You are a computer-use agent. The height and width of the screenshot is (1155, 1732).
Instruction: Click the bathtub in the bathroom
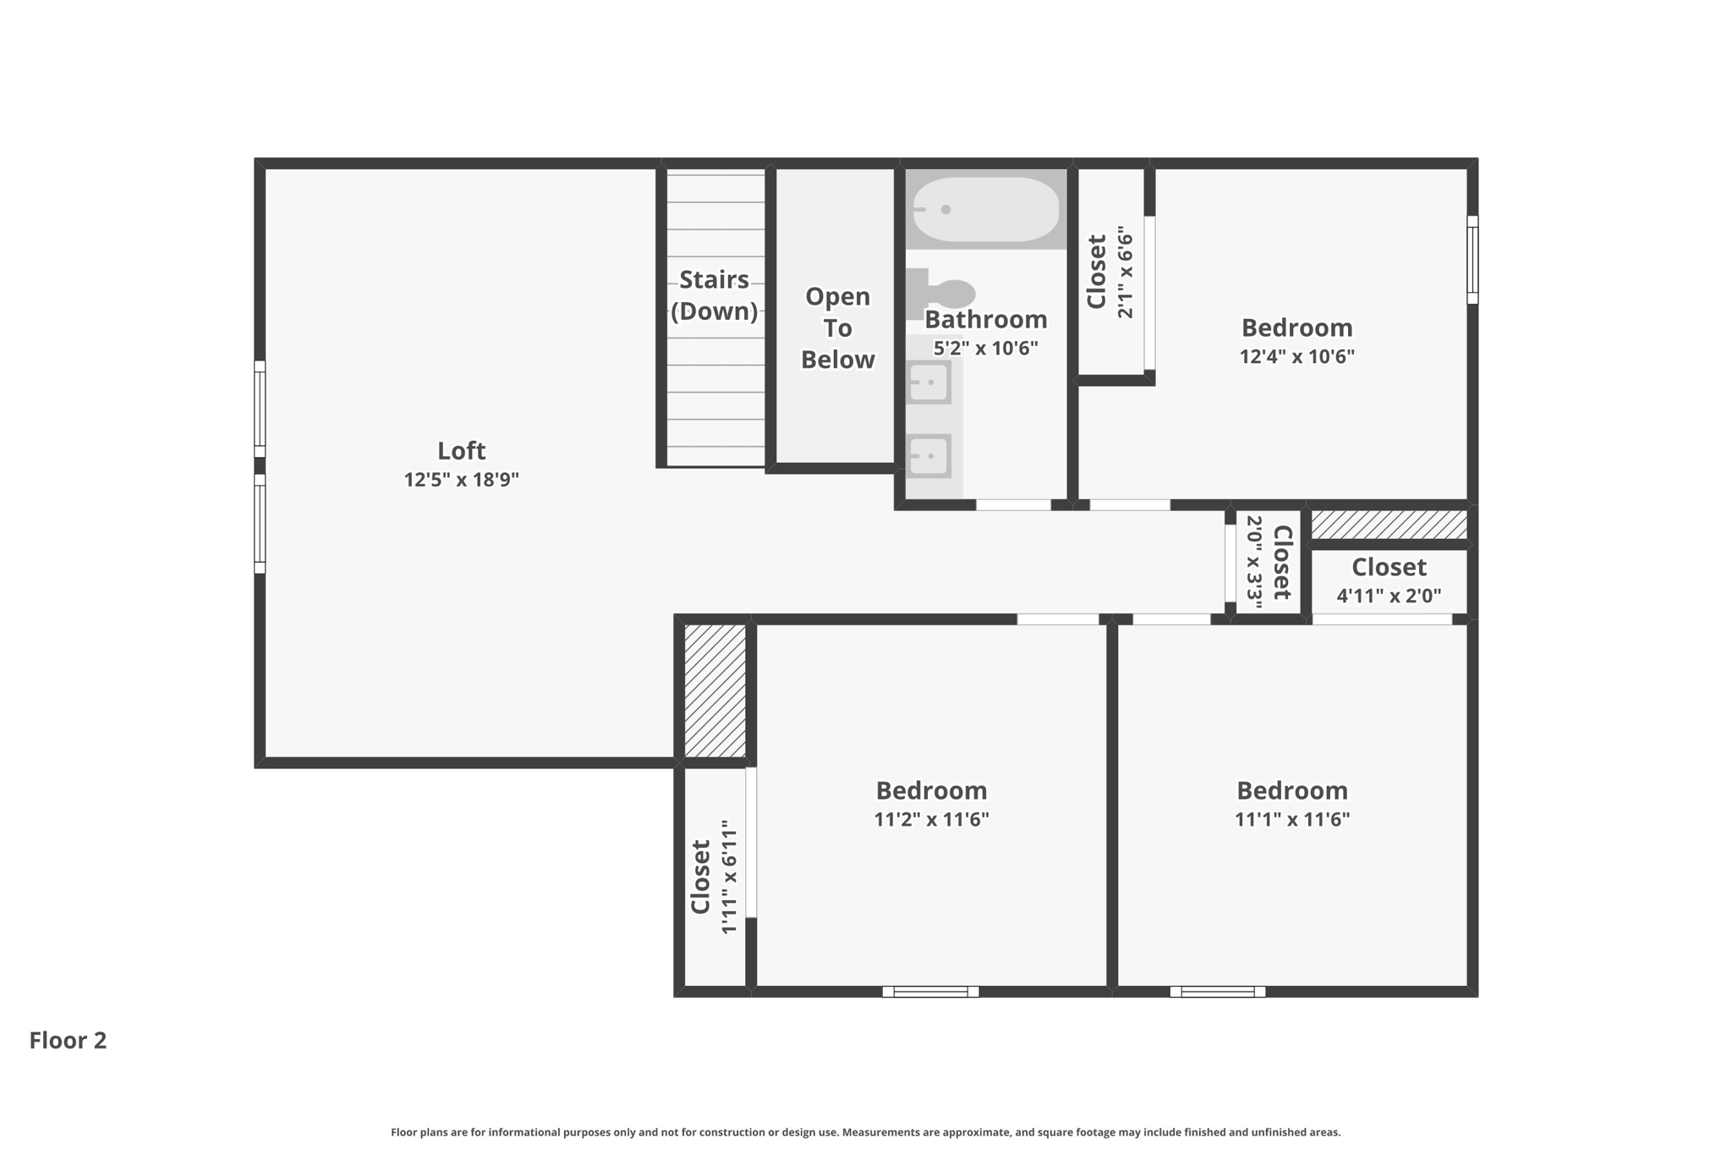[x=985, y=209]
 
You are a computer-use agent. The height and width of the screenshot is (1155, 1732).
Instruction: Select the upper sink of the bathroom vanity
[x=929, y=382]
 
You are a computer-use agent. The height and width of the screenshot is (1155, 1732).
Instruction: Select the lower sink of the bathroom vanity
[x=929, y=456]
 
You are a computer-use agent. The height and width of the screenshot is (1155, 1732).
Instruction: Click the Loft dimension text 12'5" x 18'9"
[x=461, y=480]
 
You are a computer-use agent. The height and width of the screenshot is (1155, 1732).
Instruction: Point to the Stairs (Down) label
[x=714, y=295]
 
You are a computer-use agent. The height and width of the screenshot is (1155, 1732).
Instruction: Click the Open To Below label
[x=837, y=327]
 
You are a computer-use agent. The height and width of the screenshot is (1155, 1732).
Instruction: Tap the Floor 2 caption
[x=68, y=1040]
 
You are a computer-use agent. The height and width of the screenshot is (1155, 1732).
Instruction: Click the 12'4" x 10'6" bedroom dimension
[x=1296, y=356]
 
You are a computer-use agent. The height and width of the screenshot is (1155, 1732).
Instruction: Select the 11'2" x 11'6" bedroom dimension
[x=931, y=819]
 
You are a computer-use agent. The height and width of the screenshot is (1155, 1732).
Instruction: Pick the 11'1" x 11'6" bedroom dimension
[x=1291, y=819]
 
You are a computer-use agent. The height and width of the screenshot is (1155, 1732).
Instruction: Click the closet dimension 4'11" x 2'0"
[x=1388, y=596]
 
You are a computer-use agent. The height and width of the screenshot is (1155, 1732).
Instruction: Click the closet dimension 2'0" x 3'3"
[x=1254, y=562]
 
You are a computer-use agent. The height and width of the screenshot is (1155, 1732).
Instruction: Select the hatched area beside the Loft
[x=715, y=690]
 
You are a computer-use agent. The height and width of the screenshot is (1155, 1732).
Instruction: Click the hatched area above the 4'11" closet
[x=1388, y=525]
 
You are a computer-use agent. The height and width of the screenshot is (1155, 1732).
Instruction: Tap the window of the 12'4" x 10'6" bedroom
[x=1472, y=259]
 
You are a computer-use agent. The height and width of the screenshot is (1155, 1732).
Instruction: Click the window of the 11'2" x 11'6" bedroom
[x=930, y=991]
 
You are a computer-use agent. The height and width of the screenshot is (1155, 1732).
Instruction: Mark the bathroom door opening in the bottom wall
[x=1013, y=505]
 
